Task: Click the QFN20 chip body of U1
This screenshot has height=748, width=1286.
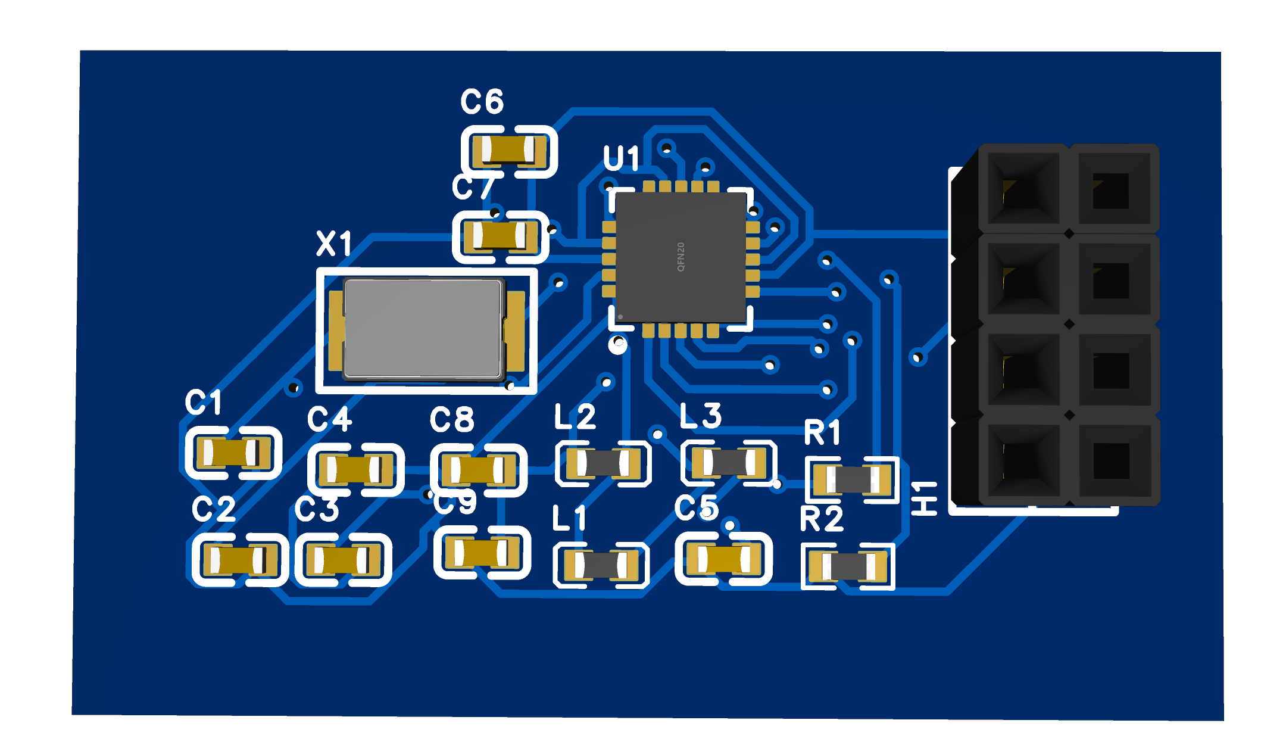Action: (x=681, y=257)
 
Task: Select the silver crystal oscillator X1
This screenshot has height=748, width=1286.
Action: (x=423, y=329)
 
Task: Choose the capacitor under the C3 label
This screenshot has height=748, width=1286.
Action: (x=342, y=560)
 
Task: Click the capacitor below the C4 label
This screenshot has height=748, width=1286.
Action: (x=355, y=470)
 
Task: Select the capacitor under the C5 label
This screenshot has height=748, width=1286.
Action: (x=723, y=559)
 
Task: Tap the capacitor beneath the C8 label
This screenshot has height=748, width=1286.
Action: (x=478, y=470)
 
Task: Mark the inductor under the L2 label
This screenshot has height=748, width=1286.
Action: (x=603, y=463)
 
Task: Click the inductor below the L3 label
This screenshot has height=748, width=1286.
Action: (x=728, y=462)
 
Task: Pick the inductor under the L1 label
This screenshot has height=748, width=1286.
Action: (x=601, y=565)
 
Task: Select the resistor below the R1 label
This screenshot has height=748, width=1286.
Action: (x=851, y=479)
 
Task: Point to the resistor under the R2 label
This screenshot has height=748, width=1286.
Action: (x=848, y=566)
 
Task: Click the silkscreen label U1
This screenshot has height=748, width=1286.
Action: (x=621, y=158)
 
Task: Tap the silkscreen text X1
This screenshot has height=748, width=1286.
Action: (x=334, y=244)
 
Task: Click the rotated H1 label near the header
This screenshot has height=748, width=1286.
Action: (x=925, y=498)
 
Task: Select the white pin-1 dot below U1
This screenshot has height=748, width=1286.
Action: (x=619, y=344)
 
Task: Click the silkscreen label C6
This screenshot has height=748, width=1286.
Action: (x=482, y=102)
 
